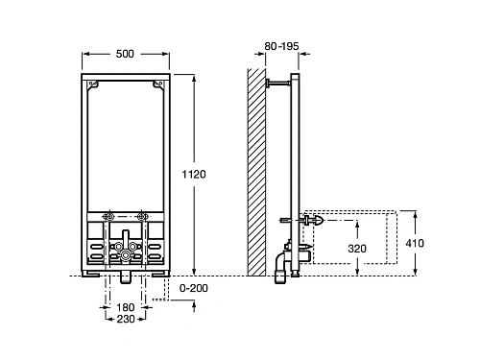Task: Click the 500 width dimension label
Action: pyautogui.click(x=125, y=54)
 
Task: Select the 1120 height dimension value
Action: pyautogui.click(x=194, y=175)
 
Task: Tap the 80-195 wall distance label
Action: pyautogui.click(x=281, y=46)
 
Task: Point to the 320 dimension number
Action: pyautogui.click(x=357, y=249)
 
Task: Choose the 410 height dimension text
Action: pyautogui.click(x=415, y=243)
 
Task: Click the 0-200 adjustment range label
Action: pyautogui.click(x=194, y=288)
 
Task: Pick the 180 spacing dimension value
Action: pyautogui.click(x=125, y=307)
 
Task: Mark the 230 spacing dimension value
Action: pyautogui.click(x=126, y=319)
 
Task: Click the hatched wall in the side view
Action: pyautogui.click(x=256, y=172)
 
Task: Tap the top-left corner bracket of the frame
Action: pyautogui.click(x=93, y=84)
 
